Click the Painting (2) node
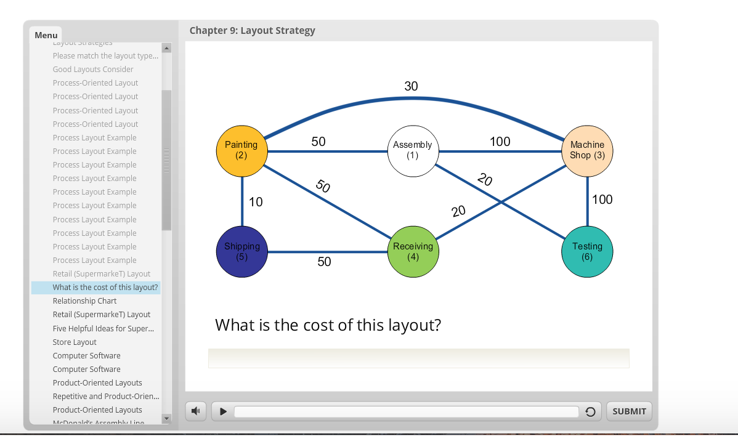click(x=241, y=150)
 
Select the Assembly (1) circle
click(x=413, y=150)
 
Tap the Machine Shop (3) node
click(x=587, y=150)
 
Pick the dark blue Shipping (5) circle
click(x=242, y=251)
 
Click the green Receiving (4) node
click(x=413, y=251)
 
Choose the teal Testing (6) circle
click(x=587, y=251)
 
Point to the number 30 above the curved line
click(x=411, y=86)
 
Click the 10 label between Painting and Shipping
click(x=256, y=202)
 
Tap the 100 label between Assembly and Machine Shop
click(x=500, y=142)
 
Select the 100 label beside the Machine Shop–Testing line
click(x=602, y=200)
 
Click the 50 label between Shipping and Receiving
click(x=324, y=262)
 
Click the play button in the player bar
click(x=224, y=411)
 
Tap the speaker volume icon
click(x=195, y=411)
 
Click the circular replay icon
click(x=590, y=412)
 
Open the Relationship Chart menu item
click(x=84, y=301)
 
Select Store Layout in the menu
click(x=75, y=342)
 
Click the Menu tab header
click(x=46, y=35)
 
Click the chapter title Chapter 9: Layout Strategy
click(x=252, y=30)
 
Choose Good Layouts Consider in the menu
click(x=93, y=70)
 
